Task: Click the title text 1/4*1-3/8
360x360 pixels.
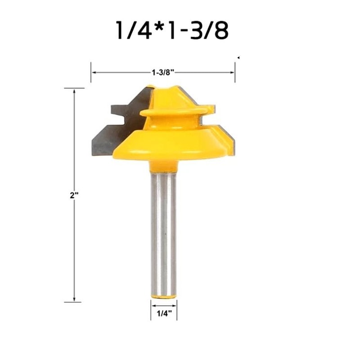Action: point(172,31)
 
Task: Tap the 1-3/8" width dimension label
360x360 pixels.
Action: point(163,71)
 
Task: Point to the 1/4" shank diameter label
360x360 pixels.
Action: point(163,312)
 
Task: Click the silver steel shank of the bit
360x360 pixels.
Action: point(163,234)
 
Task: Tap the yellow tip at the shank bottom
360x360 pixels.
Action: point(163,297)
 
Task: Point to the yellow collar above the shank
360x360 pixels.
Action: point(163,166)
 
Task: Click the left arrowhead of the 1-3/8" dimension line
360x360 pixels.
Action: point(93,71)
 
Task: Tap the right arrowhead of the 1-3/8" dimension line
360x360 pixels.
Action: point(233,71)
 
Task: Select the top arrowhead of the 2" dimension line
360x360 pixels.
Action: point(74,90)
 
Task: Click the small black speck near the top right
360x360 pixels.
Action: point(238,58)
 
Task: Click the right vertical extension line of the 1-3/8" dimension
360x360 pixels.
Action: point(235,72)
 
